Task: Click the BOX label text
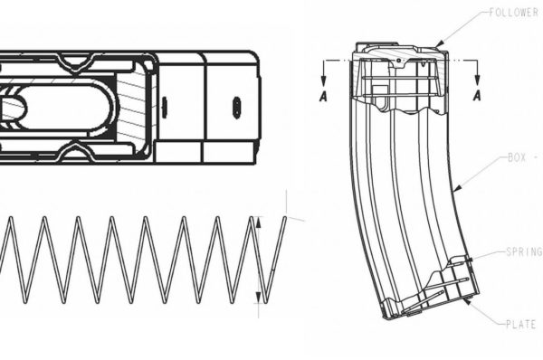click(519, 157)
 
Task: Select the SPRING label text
click(522, 253)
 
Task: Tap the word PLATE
click(521, 323)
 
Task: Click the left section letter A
click(323, 98)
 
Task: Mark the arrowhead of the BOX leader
click(454, 190)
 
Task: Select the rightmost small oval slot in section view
click(236, 104)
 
